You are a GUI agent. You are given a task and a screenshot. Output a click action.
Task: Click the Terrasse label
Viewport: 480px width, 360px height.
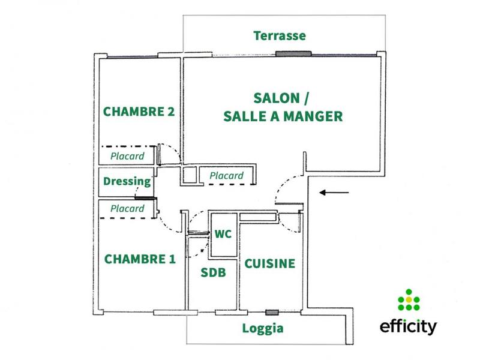click(x=280, y=36)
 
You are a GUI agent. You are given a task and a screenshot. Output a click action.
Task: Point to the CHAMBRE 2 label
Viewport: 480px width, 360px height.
click(x=139, y=112)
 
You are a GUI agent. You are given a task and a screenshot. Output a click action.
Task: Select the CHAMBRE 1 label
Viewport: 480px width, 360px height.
click(x=140, y=259)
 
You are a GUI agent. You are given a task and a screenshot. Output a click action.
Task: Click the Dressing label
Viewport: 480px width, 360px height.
click(x=127, y=181)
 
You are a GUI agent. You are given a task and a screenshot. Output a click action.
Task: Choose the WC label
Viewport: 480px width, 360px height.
click(x=223, y=234)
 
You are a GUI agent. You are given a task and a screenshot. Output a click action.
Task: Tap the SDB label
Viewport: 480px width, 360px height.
click(x=213, y=272)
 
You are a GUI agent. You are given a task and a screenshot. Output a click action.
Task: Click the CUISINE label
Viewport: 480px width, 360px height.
click(x=269, y=263)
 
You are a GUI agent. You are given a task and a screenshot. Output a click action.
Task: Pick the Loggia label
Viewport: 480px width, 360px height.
click(x=263, y=328)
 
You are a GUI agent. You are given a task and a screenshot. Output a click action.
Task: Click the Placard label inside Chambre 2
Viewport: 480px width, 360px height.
click(x=127, y=156)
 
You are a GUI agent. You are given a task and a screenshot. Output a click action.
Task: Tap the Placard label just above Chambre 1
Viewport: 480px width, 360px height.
click(x=127, y=209)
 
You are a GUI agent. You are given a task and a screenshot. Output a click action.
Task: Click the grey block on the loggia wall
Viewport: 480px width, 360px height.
click(x=272, y=313)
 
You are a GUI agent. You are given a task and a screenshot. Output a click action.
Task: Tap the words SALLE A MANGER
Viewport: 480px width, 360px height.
click(x=283, y=116)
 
